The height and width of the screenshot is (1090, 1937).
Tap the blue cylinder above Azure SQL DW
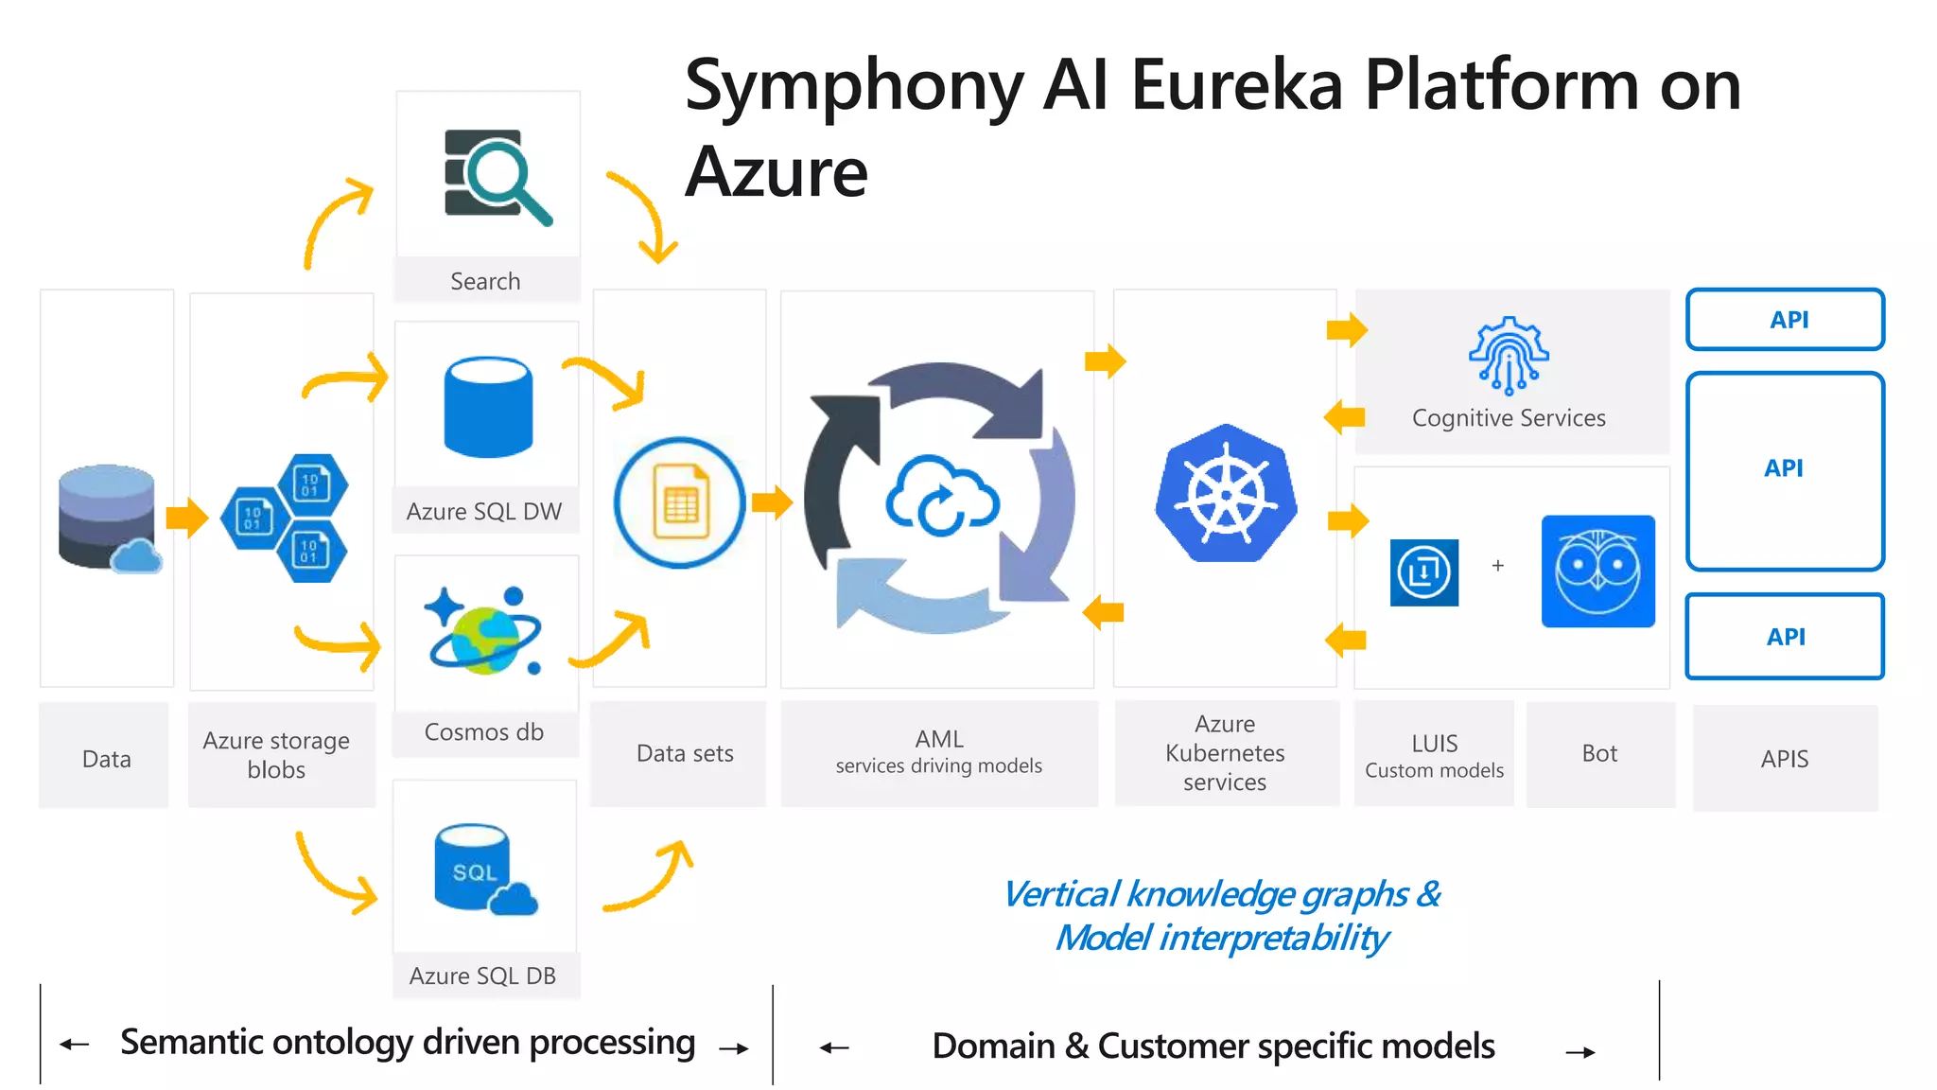point(488,407)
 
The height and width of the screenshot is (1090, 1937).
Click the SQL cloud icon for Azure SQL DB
point(483,870)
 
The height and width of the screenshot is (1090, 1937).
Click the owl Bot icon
point(1597,571)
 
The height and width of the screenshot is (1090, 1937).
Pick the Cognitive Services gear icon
point(1509,355)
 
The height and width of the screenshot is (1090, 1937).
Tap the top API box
point(1785,320)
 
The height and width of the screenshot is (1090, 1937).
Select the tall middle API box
point(1785,470)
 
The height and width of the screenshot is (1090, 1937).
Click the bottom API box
point(1785,637)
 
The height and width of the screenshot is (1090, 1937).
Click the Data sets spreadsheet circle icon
point(679,502)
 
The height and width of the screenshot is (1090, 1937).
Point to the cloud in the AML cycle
point(941,496)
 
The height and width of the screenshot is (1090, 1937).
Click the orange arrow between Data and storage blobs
point(186,518)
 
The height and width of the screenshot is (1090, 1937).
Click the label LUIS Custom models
point(1434,755)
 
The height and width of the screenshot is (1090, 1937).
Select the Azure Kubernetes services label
point(1225,753)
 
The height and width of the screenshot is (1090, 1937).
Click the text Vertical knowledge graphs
point(1220,894)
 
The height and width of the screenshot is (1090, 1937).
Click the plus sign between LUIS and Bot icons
point(1497,566)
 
